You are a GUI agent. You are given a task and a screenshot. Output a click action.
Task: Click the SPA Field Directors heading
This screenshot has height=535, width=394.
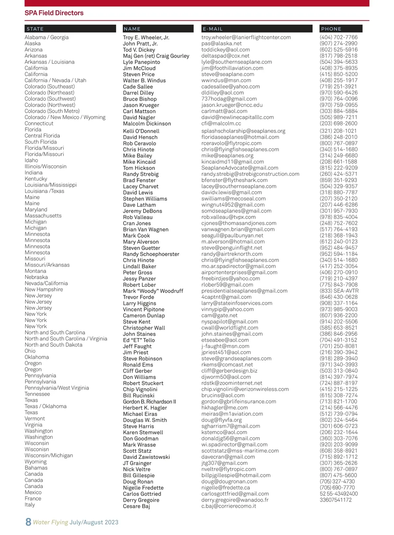coord(54,13)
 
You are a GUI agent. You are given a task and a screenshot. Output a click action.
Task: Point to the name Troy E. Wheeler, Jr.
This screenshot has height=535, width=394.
coord(146,37)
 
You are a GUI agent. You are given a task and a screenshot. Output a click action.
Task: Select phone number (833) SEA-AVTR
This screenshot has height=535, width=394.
coord(339,291)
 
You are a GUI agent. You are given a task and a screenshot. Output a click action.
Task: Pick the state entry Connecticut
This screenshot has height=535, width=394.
coord(39,123)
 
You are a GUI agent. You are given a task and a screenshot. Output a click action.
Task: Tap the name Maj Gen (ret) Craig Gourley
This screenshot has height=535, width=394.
coord(156,56)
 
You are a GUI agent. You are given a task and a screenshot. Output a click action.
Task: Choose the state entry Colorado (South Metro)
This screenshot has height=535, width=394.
coord(52,111)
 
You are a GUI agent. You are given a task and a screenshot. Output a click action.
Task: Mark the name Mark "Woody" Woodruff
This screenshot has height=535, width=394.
coord(153,291)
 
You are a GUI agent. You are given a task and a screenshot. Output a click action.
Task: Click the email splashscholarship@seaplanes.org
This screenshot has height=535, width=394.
coord(243,131)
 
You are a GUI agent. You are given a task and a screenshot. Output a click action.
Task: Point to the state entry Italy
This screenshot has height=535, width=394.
coord(30,504)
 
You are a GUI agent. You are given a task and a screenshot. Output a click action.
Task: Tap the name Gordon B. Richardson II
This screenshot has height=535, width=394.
coord(149,401)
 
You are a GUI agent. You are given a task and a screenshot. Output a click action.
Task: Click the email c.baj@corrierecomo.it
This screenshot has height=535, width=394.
coord(229,506)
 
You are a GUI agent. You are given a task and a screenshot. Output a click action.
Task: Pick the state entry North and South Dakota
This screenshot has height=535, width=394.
coord(54,345)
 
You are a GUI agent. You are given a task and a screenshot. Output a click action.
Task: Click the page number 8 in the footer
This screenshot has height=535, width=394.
coord(28,522)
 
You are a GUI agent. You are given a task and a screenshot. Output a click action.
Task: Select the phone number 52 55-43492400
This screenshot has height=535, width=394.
coord(339,494)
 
